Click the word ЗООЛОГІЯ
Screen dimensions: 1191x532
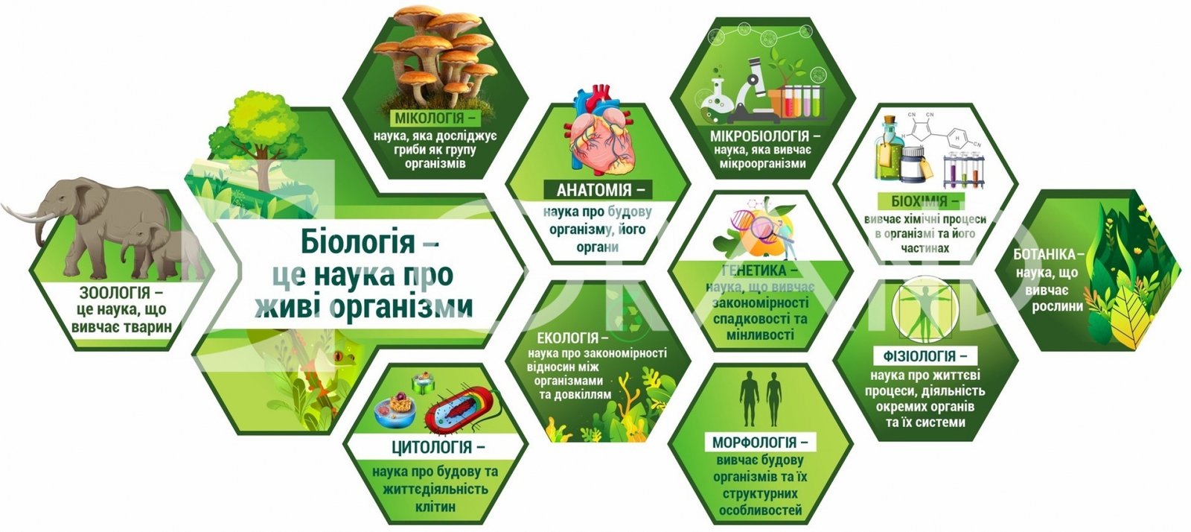point(115,293)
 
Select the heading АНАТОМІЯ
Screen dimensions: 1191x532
point(594,189)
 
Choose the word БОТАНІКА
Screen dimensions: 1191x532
point(1044,254)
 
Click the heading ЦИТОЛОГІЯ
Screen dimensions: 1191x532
point(432,447)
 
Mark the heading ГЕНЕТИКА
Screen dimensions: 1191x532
point(754,270)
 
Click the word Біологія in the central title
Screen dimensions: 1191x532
point(357,241)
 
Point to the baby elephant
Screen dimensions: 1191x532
point(159,250)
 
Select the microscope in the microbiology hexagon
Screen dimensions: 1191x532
point(750,90)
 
